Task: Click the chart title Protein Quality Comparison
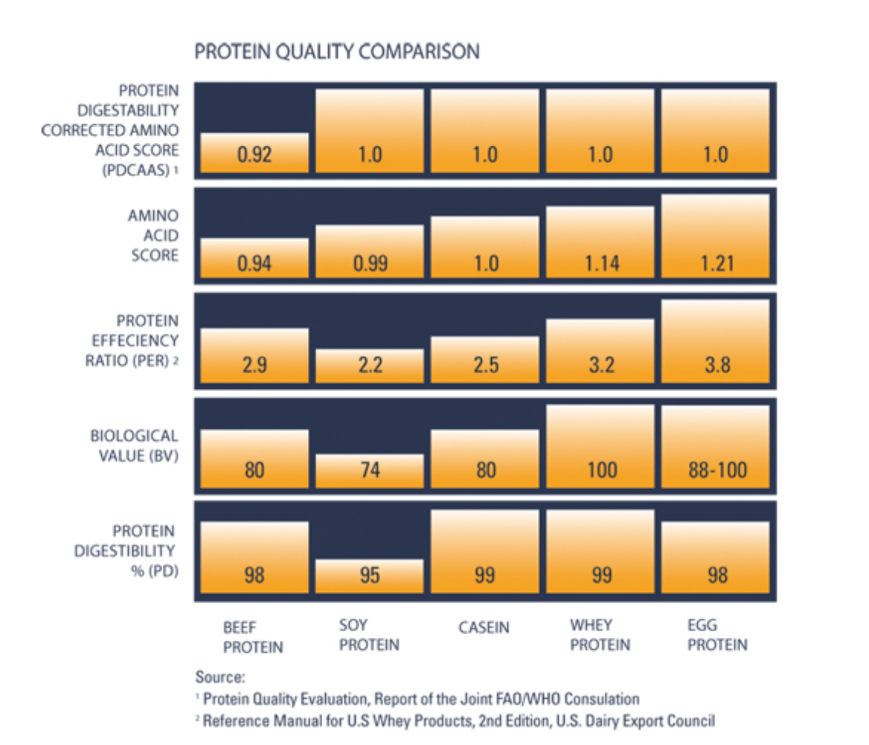pos(336,52)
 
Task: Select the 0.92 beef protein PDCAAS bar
pos(254,153)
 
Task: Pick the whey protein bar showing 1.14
pos(600,242)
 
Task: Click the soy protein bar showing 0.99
pos(370,252)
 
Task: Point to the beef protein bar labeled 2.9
pos(254,355)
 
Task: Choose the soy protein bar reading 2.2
pos(370,365)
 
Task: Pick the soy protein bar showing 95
pos(370,575)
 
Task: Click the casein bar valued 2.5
pos(485,360)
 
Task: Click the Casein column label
pos(484,628)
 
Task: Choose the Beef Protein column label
pos(253,637)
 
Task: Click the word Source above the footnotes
pos(219,677)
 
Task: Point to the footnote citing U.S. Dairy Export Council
pos(458,720)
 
